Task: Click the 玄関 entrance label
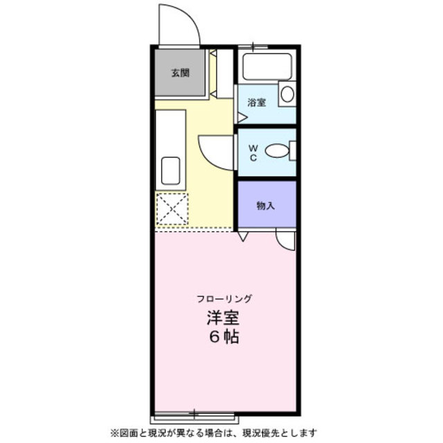pyautogui.click(x=181, y=73)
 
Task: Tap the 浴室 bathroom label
pyautogui.click(x=257, y=103)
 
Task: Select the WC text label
pyautogui.click(x=253, y=152)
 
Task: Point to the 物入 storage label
pyautogui.click(x=265, y=206)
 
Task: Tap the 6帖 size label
pyautogui.click(x=224, y=339)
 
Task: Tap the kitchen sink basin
pyautogui.click(x=170, y=168)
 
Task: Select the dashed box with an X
pyautogui.click(x=172, y=209)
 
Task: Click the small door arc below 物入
pyautogui.click(x=284, y=239)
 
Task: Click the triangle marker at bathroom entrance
pyautogui.click(x=241, y=118)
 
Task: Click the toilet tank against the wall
pyautogui.click(x=293, y=150)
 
